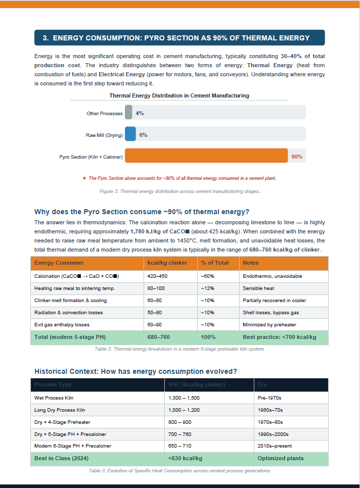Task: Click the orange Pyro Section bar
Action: (x=206, y=157)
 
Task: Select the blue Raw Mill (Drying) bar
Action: (x=130, y=135)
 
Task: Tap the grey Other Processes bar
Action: (x=128, y=113)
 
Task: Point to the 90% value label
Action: (x=297, y=157)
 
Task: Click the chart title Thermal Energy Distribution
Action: (x=179, y=95)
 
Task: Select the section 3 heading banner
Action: (x=179, y=38)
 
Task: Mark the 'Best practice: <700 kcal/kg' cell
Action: (x=279, y=337)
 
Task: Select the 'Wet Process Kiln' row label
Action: (x=54, y=398)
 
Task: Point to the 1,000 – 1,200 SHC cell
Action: (x=184, y=410)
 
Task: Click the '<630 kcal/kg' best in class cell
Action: (x=185, y=458)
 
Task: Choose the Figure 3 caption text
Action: (x=179, y=191)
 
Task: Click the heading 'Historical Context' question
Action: (x=136, y=371)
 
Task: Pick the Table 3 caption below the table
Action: (x=179, y=471)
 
